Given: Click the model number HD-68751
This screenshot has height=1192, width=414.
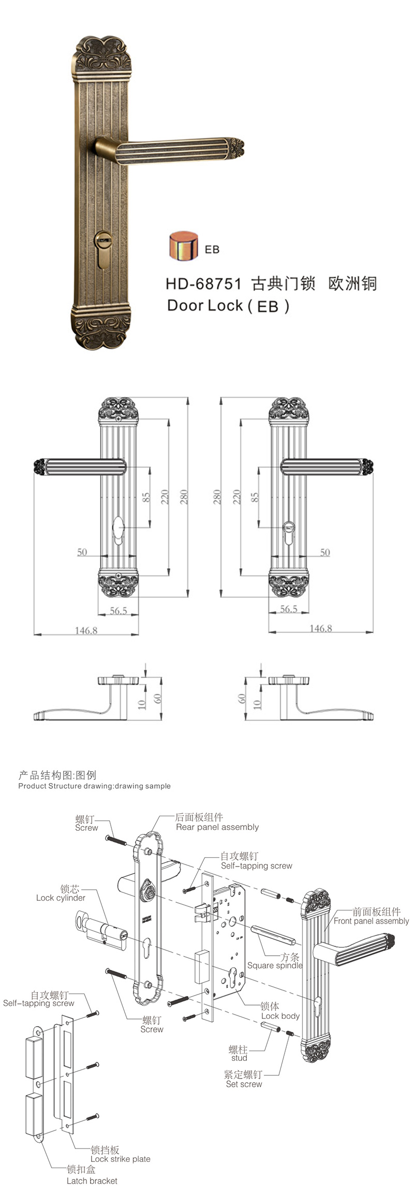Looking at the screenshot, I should click(203, 284).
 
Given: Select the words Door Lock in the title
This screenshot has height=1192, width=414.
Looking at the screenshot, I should click(205, 305).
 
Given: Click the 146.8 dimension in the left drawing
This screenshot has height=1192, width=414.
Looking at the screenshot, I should click(86, 630).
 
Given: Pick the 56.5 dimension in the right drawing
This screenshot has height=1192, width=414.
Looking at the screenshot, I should click(288, 609).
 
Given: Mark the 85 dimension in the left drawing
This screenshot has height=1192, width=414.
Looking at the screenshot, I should click(146, 497).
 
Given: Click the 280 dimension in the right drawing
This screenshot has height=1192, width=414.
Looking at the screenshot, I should click(217, 496).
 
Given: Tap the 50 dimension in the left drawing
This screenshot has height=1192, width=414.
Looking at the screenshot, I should click(82, 552).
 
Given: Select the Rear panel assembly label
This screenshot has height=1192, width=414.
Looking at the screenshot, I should click(217, 827).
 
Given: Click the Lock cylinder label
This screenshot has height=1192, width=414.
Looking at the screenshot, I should click(61, 898).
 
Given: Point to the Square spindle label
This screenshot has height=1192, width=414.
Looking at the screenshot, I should click(274, 965).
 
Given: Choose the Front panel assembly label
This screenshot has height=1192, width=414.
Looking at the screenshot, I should click(371, 921).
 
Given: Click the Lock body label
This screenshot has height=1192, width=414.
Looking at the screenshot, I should click(280, 1016).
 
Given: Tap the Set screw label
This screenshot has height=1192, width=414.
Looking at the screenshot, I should click(244, 1084).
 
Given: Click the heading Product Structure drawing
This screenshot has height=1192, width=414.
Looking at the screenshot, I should click(94, 786).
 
